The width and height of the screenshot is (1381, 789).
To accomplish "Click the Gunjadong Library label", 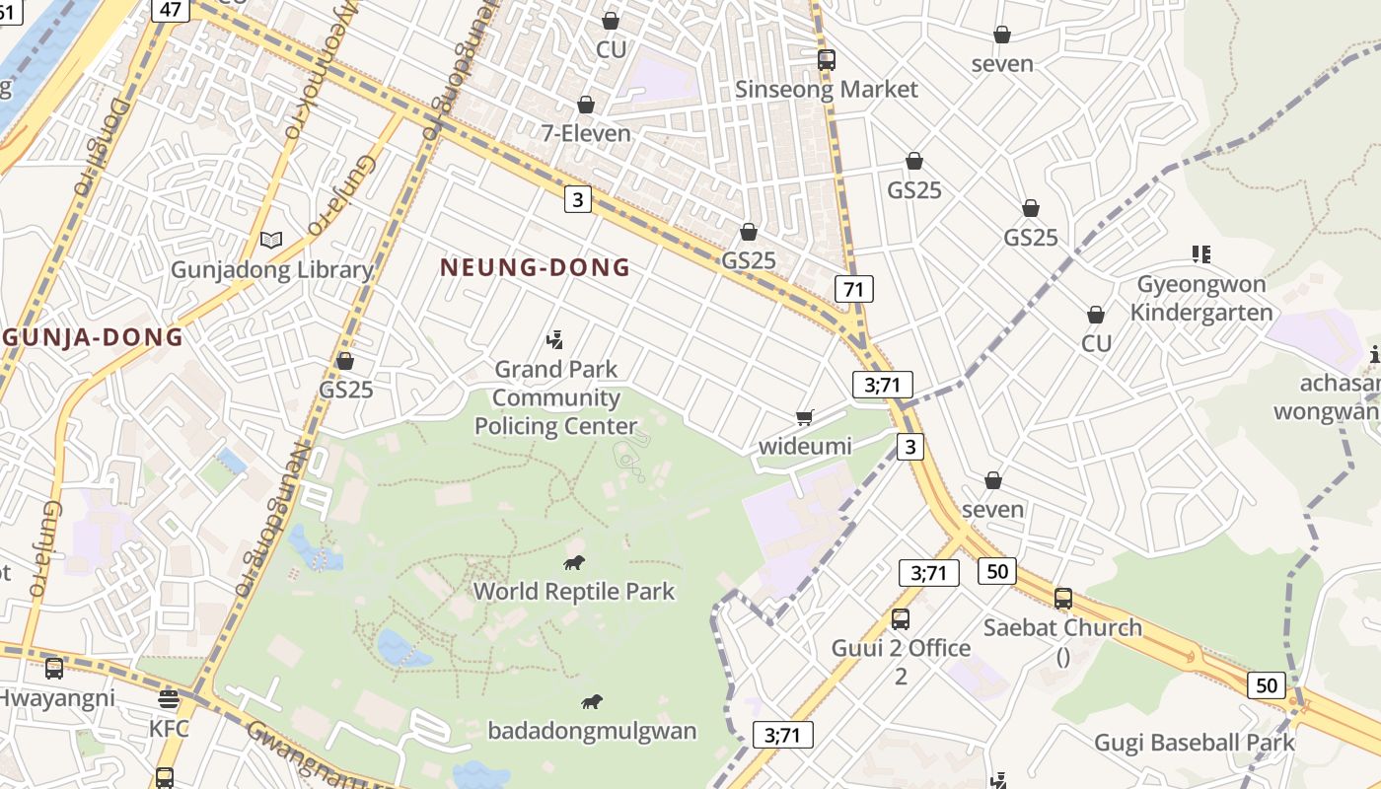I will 272,270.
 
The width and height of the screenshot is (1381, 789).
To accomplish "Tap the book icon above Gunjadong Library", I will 271,240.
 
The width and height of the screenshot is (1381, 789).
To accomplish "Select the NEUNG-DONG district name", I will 535,267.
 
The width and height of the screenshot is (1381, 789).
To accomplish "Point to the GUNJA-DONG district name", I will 93,337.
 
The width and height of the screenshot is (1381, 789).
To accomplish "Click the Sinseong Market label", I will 827,90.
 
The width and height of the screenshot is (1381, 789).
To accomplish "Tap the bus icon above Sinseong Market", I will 827,60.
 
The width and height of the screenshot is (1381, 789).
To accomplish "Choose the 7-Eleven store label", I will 586,133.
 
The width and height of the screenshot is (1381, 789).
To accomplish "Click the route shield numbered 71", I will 853,289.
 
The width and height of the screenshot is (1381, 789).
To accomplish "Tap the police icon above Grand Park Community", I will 555,340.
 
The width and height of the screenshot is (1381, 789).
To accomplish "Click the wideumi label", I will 805,447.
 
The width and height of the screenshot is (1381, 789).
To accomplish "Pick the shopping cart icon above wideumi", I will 805,418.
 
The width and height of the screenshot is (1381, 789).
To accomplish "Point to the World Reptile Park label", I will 574,592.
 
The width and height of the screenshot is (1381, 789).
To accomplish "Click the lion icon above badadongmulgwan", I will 592,702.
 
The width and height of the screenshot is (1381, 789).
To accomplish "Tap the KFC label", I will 169,730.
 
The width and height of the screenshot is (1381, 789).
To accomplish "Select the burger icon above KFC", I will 169,700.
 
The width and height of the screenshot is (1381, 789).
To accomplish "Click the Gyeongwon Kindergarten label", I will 1200,299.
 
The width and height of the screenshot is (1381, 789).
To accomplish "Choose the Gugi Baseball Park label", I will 1195,743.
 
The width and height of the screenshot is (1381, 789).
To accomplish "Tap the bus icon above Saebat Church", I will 1063,599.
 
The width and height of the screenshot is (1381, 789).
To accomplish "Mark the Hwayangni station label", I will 55,698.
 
